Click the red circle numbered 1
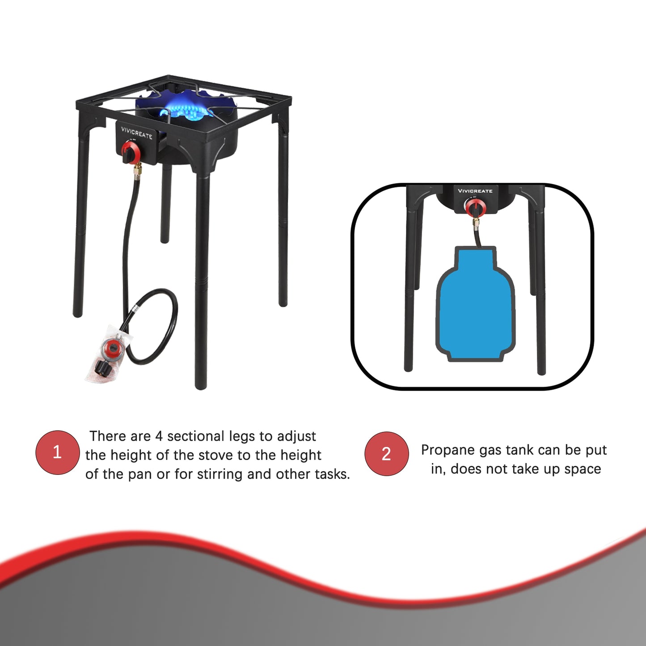pyautogui.click(x=57, y=452)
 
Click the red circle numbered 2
pyautogui.click(x=386, y=454)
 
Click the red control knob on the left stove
pyautogui.click(x=131, y=152)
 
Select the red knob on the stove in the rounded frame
pyautogui.click(x=474, y=207)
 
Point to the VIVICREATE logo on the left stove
pyautogui.click(x=136, y=133)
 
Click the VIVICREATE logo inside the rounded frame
pyautogui.click(x=475, y=191)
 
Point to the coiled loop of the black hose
pyautogui.click(x=154, y=326)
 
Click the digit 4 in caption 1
pyautogui.click(x=159, y=436)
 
